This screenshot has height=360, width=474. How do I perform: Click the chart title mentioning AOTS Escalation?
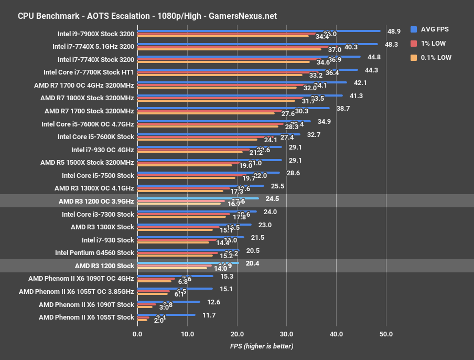147,16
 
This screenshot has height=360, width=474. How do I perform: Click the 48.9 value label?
394,31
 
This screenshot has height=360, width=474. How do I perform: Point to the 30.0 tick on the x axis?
286,334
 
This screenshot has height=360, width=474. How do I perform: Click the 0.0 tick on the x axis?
137,334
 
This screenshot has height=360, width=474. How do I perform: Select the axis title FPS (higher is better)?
261,346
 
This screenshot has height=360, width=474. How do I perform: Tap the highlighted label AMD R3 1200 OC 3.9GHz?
96,201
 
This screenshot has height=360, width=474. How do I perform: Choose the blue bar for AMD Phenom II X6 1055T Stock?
166,314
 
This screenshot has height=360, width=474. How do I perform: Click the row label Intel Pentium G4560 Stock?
94,252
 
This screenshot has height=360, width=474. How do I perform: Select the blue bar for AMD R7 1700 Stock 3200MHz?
233,108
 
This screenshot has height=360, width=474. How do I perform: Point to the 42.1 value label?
360,83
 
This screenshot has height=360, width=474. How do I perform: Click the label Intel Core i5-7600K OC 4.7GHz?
88,124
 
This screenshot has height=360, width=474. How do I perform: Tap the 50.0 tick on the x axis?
386,334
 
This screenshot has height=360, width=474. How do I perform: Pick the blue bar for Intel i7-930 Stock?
190,237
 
